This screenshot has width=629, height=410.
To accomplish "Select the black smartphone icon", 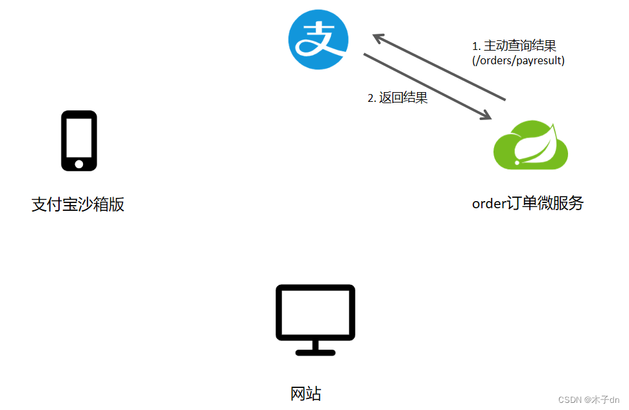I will [79, 141].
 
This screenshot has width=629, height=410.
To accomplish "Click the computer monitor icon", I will [315, 319].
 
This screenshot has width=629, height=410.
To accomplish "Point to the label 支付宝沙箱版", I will [78, 205].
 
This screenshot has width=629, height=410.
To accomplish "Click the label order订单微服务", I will [527, 203].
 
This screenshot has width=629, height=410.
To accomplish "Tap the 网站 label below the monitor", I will [305, 394].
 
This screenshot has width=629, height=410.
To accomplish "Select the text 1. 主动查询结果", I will [514, 46].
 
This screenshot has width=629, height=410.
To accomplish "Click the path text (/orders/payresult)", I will [518, 60].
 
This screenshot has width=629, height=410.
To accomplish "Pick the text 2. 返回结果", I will [398, 98].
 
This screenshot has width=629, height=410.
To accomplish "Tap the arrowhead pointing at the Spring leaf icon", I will [484, 115].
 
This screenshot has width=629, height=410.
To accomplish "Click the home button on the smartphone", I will [79, 164].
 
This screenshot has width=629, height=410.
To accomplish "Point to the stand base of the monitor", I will [315, 352].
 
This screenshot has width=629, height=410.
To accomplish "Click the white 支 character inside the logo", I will [318, 39].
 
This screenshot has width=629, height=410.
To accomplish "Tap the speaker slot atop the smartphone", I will [79, 116].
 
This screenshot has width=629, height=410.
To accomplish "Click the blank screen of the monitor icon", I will [315, 312].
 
